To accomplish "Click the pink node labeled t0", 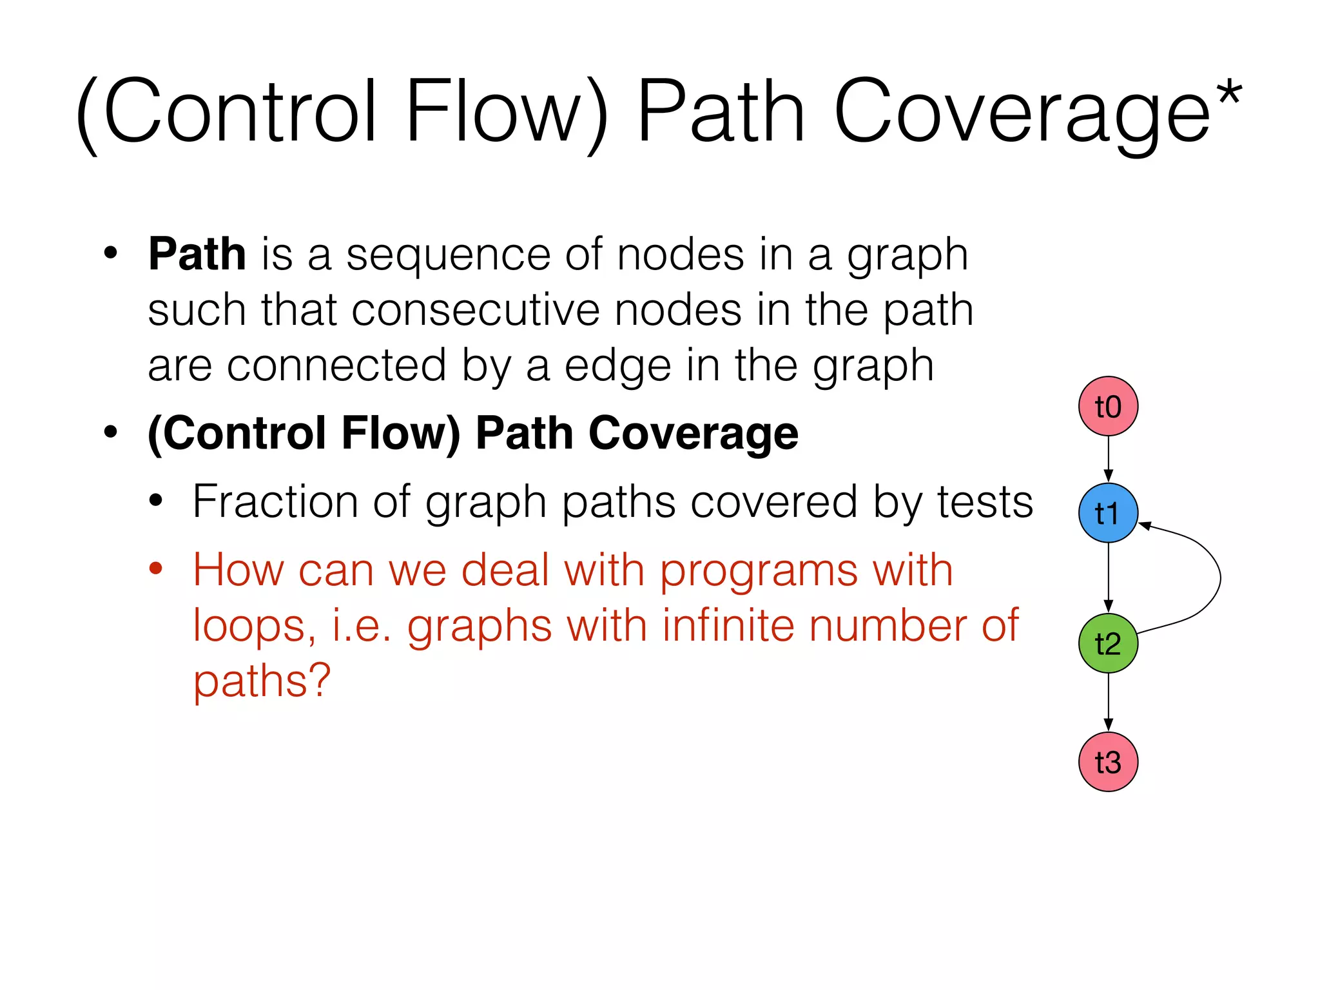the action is pyautogui.click(x=1108, y=406).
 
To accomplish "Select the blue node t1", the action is pyautogui.click(x=1108, y=513).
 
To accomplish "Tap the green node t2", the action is pyautogui.click(x=1108, y=643).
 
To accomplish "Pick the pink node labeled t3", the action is pyautogui.click(x=1108, y=762).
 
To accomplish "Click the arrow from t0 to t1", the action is pyautogui.click(x=1108, y=458).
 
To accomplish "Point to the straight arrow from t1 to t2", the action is pyautogui.click(x=1108, y=577).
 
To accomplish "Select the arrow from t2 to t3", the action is pyautogui.click(x=1108, y=702).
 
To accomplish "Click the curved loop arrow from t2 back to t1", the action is pyautogui.click(x=1219, y=577).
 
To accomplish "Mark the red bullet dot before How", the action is pyautogui.click(x=155, y=568).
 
